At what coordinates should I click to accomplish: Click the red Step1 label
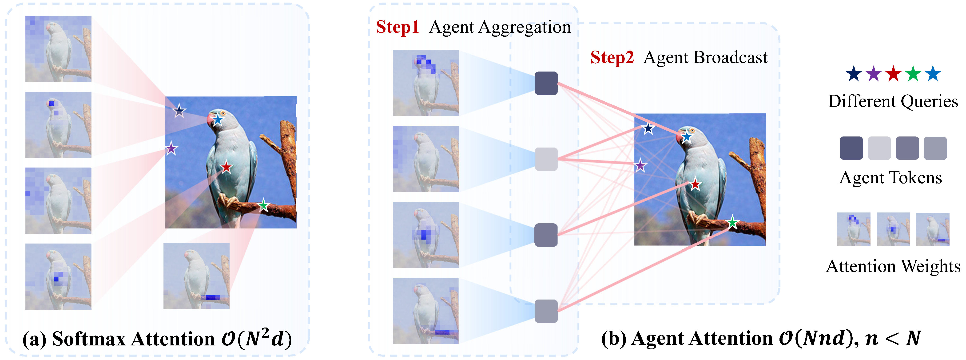(397, 27)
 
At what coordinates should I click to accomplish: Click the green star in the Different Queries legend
(913, 74)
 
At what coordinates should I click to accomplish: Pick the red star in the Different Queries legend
(893, 74)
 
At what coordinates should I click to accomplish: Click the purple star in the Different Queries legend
(874, 74)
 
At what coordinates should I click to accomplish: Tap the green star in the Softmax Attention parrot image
(264, 205)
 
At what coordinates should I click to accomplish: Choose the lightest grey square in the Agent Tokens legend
(879, 148)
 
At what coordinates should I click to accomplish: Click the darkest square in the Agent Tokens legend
(851, 148)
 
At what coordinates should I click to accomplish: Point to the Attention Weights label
(893, 267)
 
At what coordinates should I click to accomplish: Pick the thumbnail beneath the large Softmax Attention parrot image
(196, 276)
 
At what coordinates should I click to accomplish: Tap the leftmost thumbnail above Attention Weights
(854, 229)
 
